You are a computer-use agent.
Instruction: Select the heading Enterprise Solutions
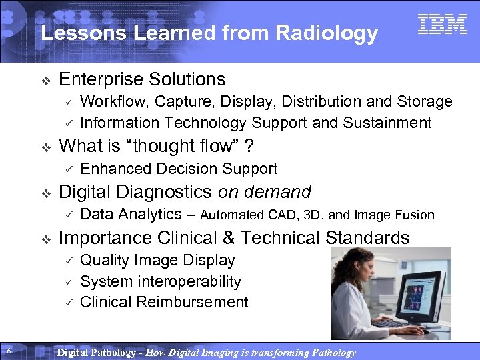[142, 79]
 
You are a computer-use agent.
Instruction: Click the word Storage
[425, 102]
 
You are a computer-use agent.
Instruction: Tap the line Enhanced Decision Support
[178, 169]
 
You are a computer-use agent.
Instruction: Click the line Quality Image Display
[157, 260]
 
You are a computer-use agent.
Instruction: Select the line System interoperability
[160, 281]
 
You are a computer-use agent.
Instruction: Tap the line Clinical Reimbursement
[163, 302]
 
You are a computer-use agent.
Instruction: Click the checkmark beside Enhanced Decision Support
[67, 169]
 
